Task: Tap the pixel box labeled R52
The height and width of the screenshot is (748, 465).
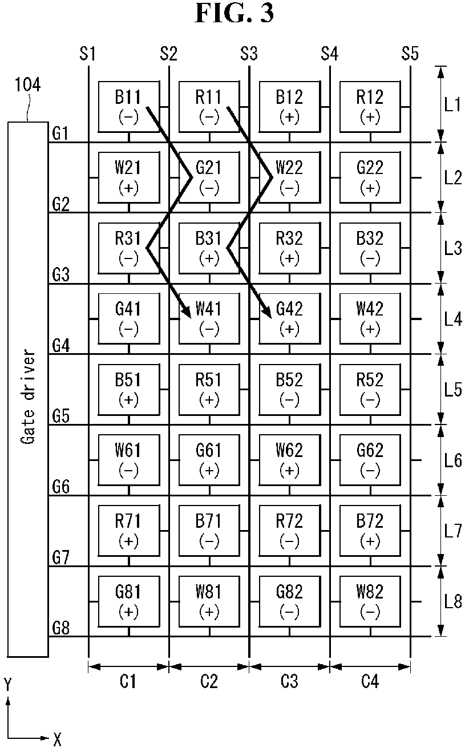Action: pos(370,389)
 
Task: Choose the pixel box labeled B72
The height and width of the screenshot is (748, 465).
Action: pos(370,531)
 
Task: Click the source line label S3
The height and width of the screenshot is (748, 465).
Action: pos(249,54)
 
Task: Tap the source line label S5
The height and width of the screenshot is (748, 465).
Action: pos(410,54)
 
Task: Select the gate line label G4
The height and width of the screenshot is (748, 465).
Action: pos(60,345)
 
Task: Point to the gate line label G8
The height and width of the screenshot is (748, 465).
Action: pos(60,628)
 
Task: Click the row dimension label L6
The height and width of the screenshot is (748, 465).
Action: pos(452,460)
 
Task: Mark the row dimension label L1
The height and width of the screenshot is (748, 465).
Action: pos(452,105)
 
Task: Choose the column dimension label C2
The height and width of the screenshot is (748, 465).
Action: pos(209,681)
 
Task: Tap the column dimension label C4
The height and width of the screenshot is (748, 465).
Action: pos(370,681)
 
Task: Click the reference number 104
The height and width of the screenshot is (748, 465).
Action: pos(28,84)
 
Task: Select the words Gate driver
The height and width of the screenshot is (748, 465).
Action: pos(28,397)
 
